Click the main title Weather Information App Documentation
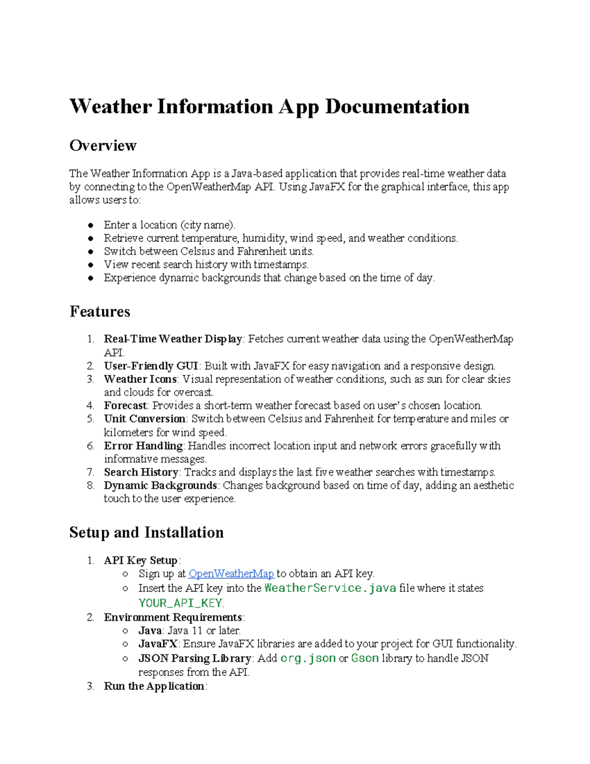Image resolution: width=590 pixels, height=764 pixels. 269,107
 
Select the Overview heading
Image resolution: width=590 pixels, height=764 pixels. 103,146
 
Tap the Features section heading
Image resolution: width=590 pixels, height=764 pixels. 100,312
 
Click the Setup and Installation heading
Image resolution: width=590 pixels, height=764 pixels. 147,533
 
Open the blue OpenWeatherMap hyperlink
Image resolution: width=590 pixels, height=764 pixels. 231,574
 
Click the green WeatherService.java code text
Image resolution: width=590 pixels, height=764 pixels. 330,588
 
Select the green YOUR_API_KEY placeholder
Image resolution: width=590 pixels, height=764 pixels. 180,603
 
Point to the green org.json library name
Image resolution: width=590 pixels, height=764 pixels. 308,658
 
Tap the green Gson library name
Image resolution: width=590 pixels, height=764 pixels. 365,658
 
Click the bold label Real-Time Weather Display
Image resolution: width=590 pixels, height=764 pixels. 173,339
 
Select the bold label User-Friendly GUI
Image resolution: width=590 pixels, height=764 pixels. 151,366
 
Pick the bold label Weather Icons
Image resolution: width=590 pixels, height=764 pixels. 140,379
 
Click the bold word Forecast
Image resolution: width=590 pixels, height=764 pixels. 125,406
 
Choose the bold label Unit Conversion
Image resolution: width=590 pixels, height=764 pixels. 145,419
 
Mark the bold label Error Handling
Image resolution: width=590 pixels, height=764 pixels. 143,446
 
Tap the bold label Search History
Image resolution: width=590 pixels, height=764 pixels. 141,472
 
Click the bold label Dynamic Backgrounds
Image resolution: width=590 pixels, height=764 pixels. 160,486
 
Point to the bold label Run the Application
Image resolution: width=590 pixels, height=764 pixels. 154,686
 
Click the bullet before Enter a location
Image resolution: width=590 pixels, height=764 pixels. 91,225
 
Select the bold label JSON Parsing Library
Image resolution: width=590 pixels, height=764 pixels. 195,658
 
